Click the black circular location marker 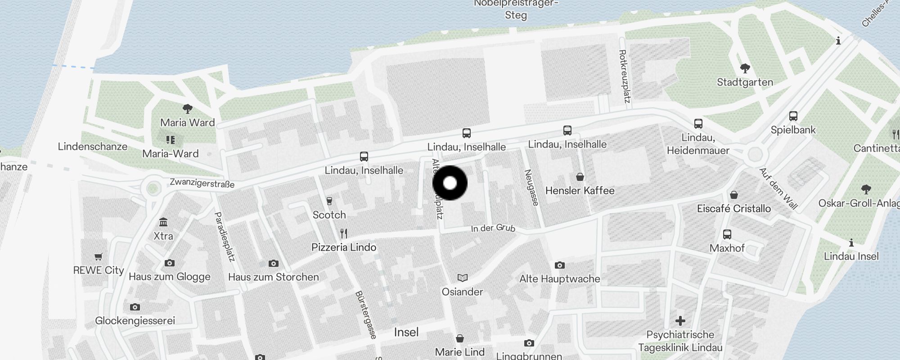450,183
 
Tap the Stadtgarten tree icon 745,68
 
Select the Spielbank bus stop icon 793,116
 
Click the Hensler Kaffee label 580,191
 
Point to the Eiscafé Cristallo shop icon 734,195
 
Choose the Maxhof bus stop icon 727,234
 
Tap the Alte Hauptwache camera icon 559,265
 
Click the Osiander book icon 462,278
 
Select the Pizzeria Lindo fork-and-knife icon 344,233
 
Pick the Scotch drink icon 329,201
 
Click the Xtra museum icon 163,222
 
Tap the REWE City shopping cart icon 98,256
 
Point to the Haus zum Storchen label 273,277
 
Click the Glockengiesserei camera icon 135,307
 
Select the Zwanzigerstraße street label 202,183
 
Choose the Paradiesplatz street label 225,237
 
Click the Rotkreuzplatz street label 624,76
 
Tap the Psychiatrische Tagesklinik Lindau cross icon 680,321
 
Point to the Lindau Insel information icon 851,243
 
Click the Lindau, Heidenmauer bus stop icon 698,123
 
